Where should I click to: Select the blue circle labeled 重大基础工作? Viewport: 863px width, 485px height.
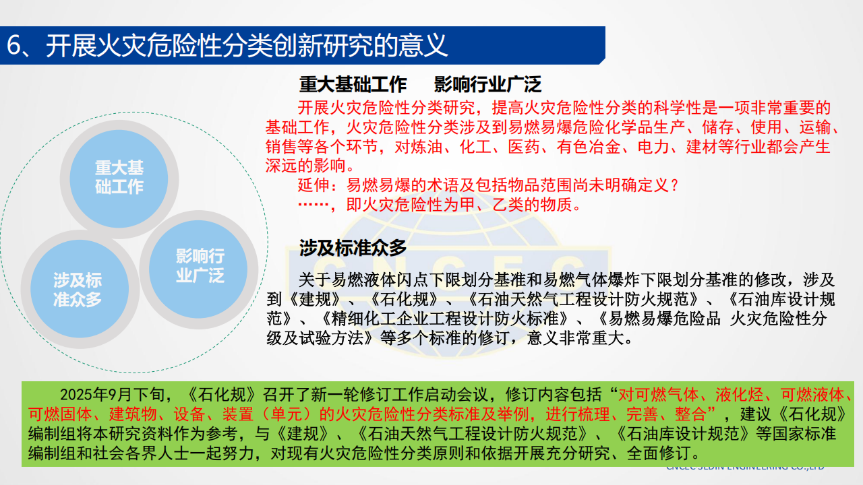[x=119, y=176]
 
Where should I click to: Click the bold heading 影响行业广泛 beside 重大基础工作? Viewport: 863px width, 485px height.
[x=487, y=84]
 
